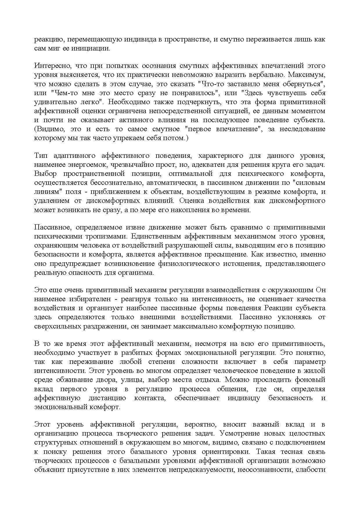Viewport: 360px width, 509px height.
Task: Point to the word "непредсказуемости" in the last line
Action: point(204,470)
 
